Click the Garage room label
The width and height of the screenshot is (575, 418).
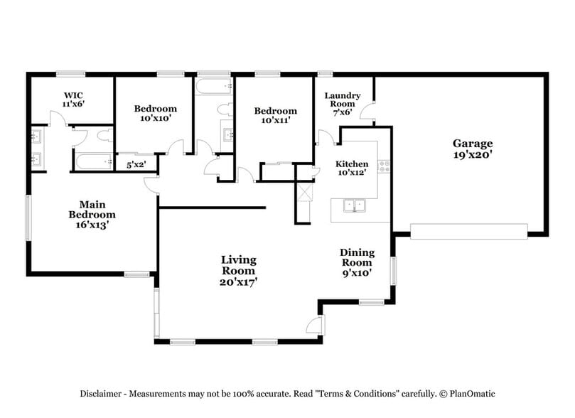[x=473, y=144]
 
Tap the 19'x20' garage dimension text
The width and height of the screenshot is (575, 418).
[x=473, y=155]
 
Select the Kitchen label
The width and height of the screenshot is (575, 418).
[x=352, y=164]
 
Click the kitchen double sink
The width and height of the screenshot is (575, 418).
[x=354, y=205]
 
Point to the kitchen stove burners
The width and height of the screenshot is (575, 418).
[x=384, y=166]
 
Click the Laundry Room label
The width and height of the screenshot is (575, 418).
[x=343, y=100]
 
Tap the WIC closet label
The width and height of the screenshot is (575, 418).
[x=73, y=96]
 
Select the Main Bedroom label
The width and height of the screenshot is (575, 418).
[x=92, y=210]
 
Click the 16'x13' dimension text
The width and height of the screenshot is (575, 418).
[x=92, y=225]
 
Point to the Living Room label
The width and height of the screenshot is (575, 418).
[x=238, y=265]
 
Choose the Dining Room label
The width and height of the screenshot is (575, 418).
[x=357, y=257]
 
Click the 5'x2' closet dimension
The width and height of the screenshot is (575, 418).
[x=136, y=165]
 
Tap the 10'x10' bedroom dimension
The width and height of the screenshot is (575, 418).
[x=156, y=118]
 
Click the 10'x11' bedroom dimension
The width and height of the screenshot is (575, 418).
[x=275, y=120]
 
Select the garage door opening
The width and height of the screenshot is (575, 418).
[x=468, y=231]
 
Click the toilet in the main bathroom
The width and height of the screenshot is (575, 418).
[x=105, y=135]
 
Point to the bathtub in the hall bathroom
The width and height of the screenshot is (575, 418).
[x=213, y=86]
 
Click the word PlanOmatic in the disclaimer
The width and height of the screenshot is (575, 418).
[x=473, y=394]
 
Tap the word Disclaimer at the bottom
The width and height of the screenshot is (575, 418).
[x=100, y=394]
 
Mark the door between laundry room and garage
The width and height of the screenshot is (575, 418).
[x=367, y=110]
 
